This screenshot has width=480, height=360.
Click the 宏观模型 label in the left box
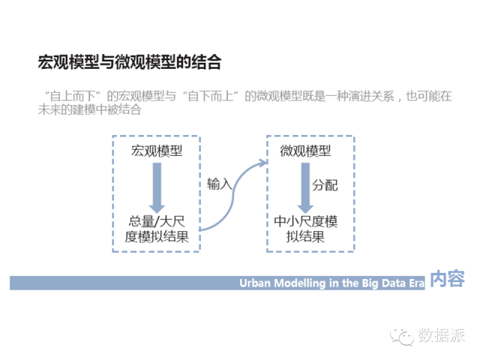pyautogui.click(x=156, y=151)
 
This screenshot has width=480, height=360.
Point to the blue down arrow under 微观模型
pyautogui.click(x=304, y=187)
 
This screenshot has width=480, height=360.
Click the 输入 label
pyautogui.click(x=219, y=184)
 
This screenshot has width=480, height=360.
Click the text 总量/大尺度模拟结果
pyautogui.click(x=156, y=229)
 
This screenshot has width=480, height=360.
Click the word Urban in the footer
pyautogui.click(x=256, y=283)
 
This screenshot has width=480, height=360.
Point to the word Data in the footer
pyautogui.click(x=392, y=283)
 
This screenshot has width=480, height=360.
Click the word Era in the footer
pyautogui.click(x=417, y=283)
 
